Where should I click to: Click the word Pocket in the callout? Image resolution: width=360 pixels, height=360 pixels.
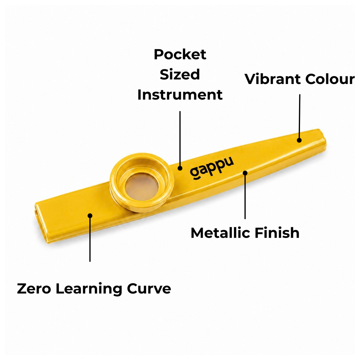pyautogui.click(x=180, y=55)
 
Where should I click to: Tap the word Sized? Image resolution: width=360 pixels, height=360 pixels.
pyautogui.click(x=180, y=74)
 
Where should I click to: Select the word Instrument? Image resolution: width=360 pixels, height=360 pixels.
pyautogui.click(x=180, y=95)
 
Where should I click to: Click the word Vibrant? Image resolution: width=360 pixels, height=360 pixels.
pyautogui.click(x=273, y=79)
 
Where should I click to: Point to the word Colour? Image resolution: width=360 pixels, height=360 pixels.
pyautogui.click(x=330, y=79)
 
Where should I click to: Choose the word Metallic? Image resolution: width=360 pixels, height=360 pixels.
pyautogui.click(x=220, y=233)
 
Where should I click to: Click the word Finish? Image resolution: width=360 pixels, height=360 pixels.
pyautogui.click(x=277, y=233)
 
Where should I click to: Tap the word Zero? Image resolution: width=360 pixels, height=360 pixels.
pyautogui.click(x=34, y=289)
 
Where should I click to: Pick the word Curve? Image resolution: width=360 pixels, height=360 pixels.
pyautogui.click(x=149, y=289)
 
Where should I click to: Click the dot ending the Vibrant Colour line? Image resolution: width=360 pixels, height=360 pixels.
pyautogui.click(x=299, y=140)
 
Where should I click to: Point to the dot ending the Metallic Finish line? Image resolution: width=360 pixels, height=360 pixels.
pyautogui.click(x=245, y=173)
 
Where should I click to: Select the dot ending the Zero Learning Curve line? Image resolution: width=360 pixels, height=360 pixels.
pyautogui.click(x=90, y=216)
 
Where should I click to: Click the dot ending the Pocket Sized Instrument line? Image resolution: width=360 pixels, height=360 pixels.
pyautogui.click(x=180, y=168)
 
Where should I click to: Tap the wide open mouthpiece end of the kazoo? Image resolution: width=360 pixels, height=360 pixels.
pyautogui.click(x=40, y=222)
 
